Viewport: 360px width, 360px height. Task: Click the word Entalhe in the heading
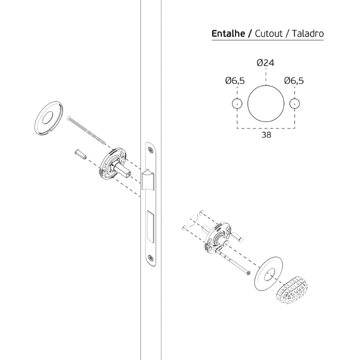click(228, 33)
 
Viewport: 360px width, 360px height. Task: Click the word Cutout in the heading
click(268, 33)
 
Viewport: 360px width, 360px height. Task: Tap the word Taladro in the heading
click(308, 33)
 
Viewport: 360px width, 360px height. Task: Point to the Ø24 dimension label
click(265, 63)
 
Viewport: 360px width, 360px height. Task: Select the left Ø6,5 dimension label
click(235, 81)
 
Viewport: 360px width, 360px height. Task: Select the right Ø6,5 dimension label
click(294, 81)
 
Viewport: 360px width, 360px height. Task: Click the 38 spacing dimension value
click(266, 135)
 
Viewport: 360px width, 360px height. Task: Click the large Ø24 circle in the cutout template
click(266, 85)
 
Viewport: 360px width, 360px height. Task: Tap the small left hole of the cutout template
click(237, 99)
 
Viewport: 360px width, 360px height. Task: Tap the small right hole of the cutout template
click(295, 99)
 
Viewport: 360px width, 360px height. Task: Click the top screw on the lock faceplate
click(150, 150)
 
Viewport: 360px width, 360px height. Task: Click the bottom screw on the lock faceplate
click(150, 258)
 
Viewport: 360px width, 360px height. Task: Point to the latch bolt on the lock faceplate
click(148, 180)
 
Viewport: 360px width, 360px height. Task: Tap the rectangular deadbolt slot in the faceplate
click(150, 226)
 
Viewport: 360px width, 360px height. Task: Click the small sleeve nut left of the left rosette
click(80, 154)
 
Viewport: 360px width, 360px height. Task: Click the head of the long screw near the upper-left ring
click(68, 118)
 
